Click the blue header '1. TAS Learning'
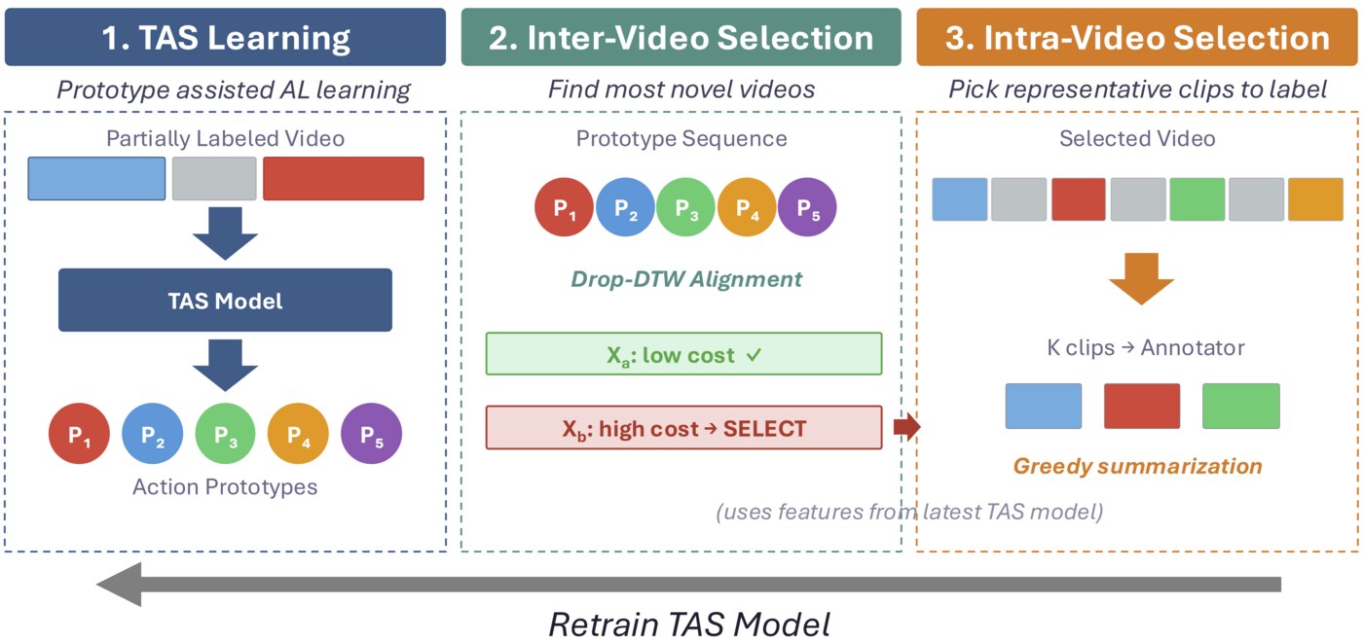225,38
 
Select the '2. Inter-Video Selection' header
681,38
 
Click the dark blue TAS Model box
225,301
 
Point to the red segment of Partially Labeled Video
343,179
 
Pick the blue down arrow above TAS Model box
225,233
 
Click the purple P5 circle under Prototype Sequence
807,207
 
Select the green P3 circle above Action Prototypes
225,435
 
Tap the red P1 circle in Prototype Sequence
565,207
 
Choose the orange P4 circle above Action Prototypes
298,435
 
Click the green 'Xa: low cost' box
683,354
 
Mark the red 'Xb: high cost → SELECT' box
683,428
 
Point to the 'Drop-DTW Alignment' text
686,279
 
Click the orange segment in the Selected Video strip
1314,199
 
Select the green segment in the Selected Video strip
1197,199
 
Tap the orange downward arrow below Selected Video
1141,277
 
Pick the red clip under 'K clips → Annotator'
1141,407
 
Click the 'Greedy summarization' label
1137,466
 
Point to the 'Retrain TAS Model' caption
689,624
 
